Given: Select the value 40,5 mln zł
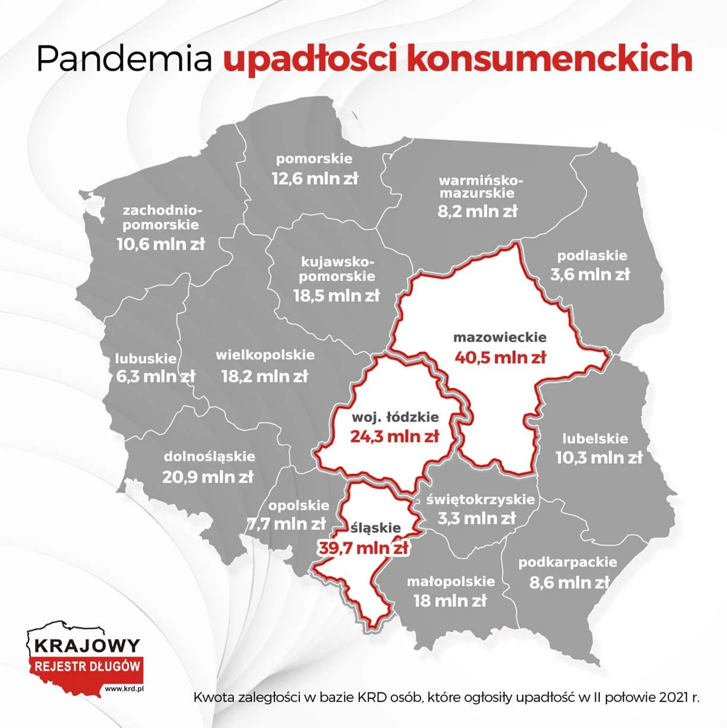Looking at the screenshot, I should point(500,357).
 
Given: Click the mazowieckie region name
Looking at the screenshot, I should point(500,337).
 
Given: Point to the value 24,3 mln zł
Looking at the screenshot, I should point(394,436).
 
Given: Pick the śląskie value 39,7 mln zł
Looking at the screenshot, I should point(364,547).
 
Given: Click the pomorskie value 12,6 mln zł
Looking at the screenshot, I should point(315,178).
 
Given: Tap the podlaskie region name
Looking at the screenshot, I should point(592,256).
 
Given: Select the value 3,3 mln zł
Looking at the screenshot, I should point(477,518).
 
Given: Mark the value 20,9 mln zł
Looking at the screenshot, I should point(208,476).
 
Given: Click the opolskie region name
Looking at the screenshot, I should point(298,505).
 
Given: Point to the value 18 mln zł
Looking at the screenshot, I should point(450,600).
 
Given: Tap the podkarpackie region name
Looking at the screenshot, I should point(568,562).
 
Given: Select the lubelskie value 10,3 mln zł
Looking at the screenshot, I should point(599,458).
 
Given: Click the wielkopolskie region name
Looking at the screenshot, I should point(265,355).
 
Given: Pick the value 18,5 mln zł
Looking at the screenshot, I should point(336,295).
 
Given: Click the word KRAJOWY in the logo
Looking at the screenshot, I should point(87,645).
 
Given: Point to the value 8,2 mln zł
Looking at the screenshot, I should point(478,211).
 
